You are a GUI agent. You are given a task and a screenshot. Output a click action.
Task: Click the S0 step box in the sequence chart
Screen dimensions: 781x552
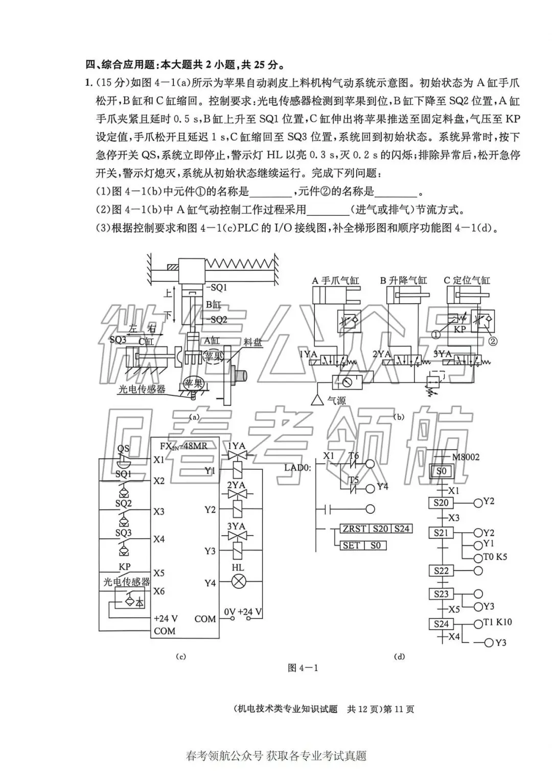(x=441, y=471)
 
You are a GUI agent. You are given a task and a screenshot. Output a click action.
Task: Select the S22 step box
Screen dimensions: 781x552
(x=441, y=570)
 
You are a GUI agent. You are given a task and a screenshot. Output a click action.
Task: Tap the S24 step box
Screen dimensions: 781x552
(x=441, y=624)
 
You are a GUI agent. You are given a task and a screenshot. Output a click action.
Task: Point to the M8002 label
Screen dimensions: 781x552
(x=466, y=457)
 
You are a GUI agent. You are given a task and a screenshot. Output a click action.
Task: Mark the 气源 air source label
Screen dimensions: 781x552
(x=336, y=401)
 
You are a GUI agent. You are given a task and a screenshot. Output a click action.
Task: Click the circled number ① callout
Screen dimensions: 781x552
(x=435, y=335)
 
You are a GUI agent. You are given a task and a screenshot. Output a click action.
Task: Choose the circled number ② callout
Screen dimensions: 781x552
(x=493, y=339)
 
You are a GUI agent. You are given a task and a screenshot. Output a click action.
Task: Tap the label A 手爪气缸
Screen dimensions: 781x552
(x=335, y=281)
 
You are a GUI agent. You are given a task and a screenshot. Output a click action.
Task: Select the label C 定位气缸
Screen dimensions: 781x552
(x=466, y=281)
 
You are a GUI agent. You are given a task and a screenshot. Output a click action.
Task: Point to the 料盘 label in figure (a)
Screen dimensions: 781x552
(x=252, y=342)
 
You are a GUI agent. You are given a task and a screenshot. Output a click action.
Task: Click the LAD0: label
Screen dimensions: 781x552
(x=297, y=467)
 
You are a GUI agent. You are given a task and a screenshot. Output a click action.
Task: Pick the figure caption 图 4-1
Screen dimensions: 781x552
(x=303, y=668)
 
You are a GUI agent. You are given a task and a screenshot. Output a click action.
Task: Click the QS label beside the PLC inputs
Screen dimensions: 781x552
(x=123, y=449)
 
